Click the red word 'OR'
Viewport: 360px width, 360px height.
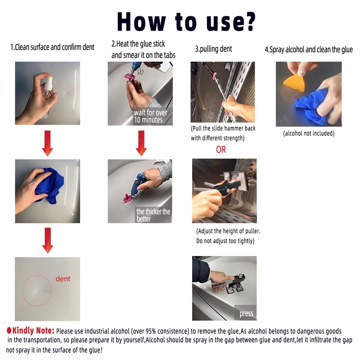point(221,149)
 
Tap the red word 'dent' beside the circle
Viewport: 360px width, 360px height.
point(63,279)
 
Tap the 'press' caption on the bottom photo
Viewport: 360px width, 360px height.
point(246,314)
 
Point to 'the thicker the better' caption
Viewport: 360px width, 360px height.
point(153,215)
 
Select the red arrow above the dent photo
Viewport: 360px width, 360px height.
point(47,240)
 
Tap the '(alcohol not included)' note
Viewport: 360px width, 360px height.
point(309,134)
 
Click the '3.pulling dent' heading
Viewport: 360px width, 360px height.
point(213,49)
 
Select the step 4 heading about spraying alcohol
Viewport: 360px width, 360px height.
point(309,49)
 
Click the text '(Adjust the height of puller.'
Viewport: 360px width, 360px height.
point(228,231)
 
